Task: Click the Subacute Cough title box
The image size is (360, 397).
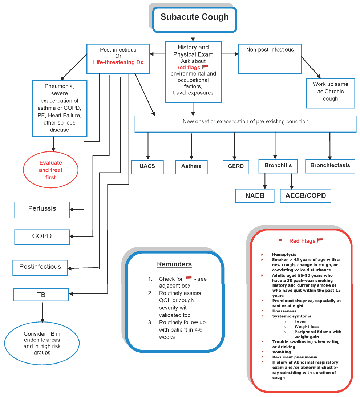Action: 195,17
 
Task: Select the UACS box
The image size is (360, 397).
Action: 147,167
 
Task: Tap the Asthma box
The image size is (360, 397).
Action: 191,167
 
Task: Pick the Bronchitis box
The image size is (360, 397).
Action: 278,166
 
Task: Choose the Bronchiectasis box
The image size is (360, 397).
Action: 330,166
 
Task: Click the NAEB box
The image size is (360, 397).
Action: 255,195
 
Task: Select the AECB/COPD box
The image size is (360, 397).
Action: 306,195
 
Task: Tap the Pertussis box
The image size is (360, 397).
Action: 42,209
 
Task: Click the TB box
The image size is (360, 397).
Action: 41,295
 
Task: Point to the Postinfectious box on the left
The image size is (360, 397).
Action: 40,267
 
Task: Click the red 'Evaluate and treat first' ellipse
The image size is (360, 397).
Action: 51,170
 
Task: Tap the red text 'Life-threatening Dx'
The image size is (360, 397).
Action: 118,62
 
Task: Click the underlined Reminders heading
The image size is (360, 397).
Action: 174,264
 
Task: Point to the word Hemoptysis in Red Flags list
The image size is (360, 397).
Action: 284,255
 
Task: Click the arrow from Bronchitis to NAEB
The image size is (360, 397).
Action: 265,181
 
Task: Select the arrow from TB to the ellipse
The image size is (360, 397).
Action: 43,312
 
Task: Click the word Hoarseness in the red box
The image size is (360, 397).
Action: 284,311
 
